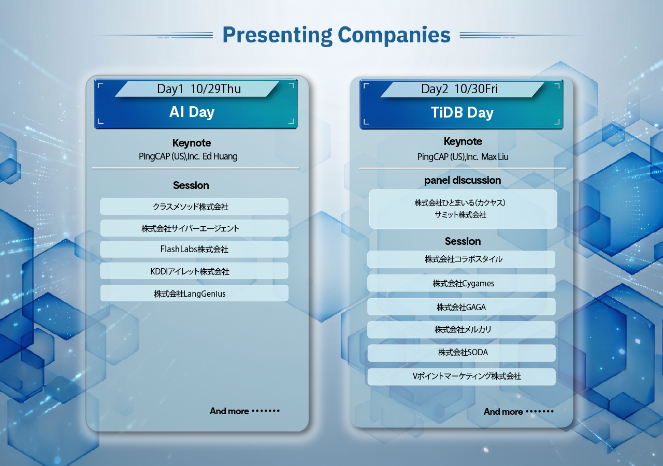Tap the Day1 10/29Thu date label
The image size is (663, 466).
199,89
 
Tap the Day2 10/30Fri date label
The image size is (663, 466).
459,89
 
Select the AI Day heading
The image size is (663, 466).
192,112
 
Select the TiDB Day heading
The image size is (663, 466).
462,113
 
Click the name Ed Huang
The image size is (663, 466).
220,156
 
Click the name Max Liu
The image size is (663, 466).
495,157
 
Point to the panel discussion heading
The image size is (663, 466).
463,180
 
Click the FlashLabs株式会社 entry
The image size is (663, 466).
194,249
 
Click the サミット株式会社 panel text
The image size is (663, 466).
460,215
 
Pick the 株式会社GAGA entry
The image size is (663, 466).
461,307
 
